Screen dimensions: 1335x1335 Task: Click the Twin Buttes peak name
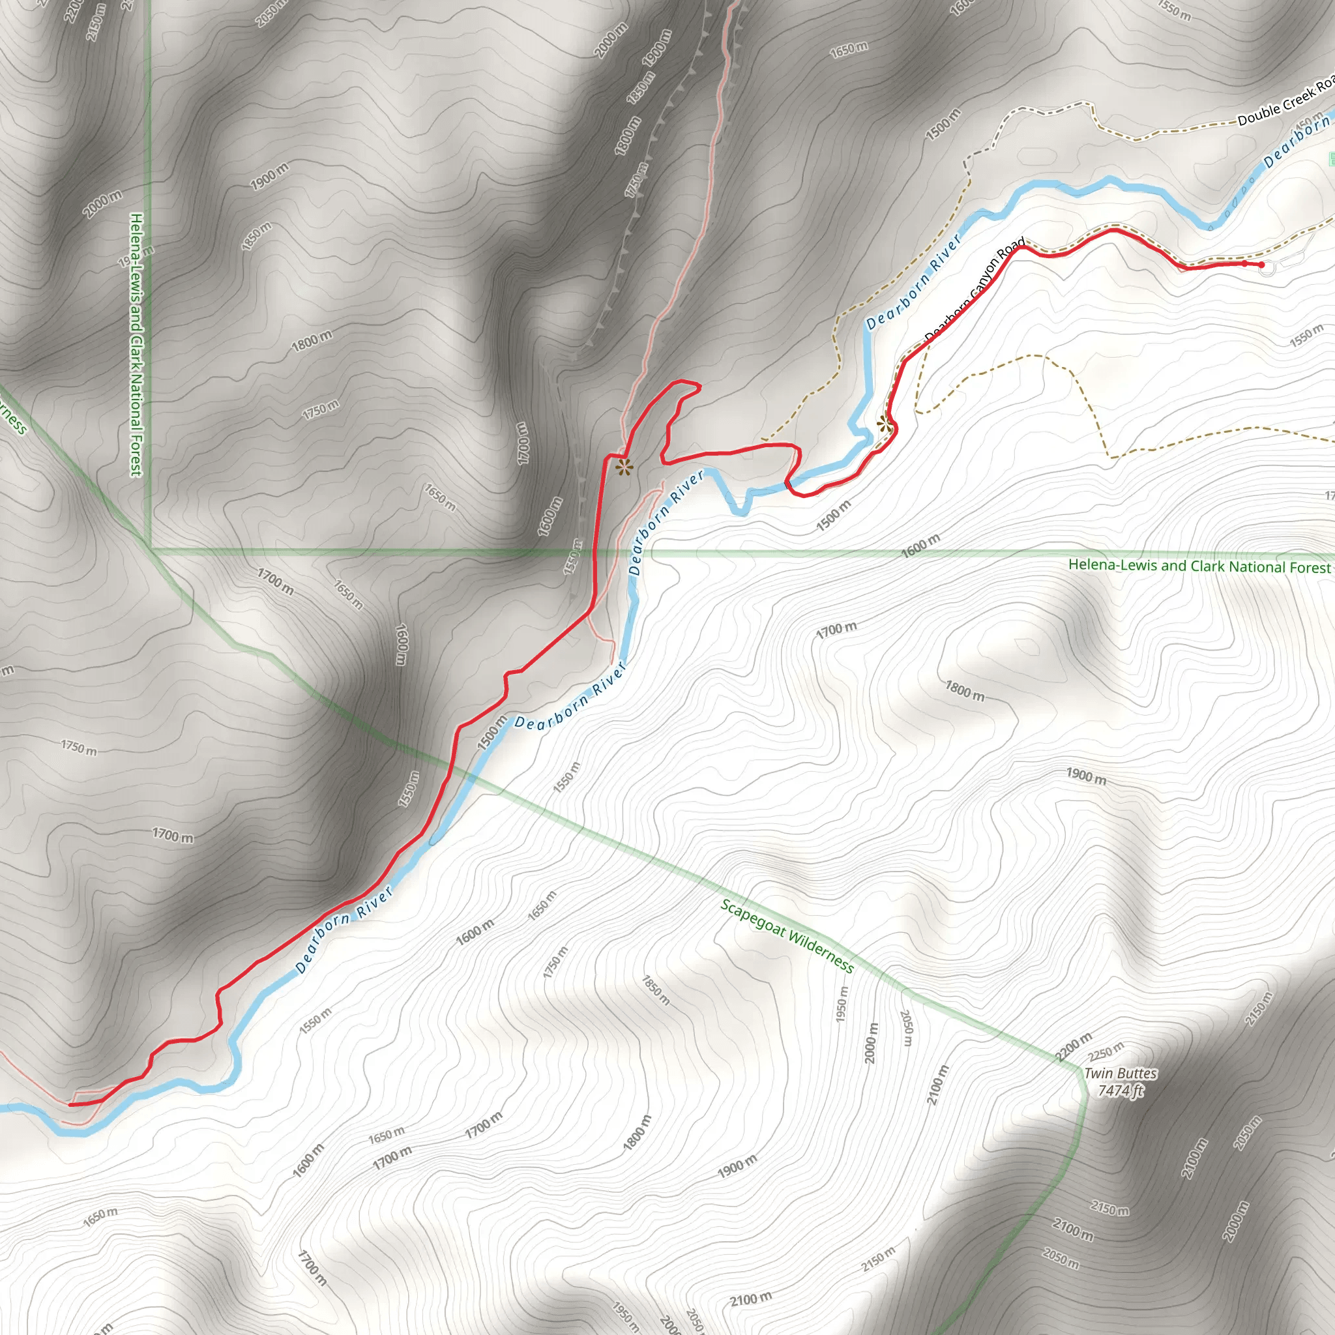[x=1120, y=1073]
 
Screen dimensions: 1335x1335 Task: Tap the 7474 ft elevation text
[x=1121, y=1091]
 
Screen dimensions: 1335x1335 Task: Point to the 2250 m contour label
[x=1106, y=1051]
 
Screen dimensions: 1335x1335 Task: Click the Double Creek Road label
[x=1284, y=106]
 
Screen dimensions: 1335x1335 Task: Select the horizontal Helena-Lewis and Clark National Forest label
[x=1199, y=566]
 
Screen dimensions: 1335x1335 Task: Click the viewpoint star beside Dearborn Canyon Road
[x=885, y=423]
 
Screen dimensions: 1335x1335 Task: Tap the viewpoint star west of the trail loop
[x=624, y=468]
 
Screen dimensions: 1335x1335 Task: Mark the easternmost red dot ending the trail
[x=1261, y=265]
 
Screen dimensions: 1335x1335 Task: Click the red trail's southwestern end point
[x=70, y=1104]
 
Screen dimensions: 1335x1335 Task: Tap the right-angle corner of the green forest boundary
[x=151, y=551]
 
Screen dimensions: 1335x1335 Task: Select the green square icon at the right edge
[x=1331, y=159]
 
